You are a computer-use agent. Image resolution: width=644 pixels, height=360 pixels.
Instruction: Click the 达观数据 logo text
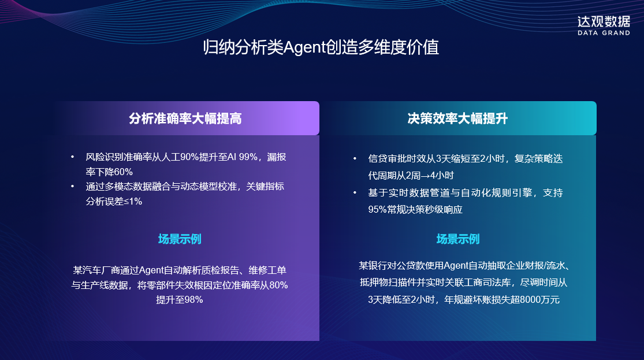pyautogui.click(x=604, y=22)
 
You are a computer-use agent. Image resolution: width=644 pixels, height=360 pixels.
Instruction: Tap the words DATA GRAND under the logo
pyautogui.click(x=604, y=34)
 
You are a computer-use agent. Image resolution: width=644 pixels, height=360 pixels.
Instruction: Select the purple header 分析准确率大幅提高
pyautogui.click(x=185, y=118)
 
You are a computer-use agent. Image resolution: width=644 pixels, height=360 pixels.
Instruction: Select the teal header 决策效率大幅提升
pyautogui.click(x=457, y=118)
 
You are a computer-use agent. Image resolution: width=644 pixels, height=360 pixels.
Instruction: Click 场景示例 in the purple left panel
pyautogui.click(x=180, y=239)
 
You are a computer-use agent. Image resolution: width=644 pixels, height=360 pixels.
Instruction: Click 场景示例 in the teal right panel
pyautogui.click(x=457, y=239)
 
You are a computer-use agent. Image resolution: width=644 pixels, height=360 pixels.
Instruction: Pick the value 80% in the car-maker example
pyautogui.click(x=278, y=285)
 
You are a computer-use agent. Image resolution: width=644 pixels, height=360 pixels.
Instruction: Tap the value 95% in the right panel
pyautogui.click(x=378, y=209)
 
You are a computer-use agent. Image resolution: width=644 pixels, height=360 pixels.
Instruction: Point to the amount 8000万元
pyautogui.click(x=539, y=300)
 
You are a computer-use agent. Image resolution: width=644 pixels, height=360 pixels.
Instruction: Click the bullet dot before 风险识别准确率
pyautogui.click(x=72, y=157)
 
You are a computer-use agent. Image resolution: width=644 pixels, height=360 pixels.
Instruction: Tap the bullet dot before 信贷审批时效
pyautogui.click(x=355, y=159)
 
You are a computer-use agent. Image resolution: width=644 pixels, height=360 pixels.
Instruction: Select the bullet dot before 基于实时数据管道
pyautogui.click(x=355, y=193)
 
